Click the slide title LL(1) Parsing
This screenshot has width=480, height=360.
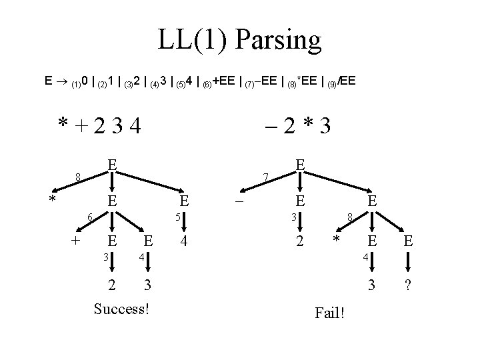pos(239,41)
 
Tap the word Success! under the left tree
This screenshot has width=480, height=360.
pos(121,309)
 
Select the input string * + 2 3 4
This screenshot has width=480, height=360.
pos(100,125)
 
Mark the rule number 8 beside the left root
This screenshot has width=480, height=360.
pos(78,177)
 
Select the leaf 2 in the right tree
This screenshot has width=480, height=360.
pos(301,241)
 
